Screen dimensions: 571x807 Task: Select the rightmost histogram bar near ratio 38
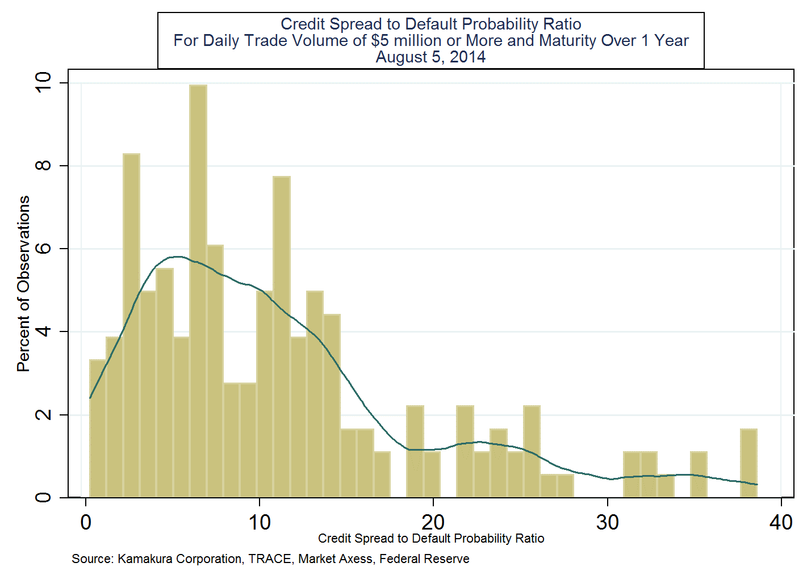coord(749,463)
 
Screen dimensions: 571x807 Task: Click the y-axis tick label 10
coord(43,83)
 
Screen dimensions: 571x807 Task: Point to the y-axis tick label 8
coord(43,166)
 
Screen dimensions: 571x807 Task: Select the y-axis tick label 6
coord(43,249)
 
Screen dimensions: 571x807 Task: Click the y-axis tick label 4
coord(43,331)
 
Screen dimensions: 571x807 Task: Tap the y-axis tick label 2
coord(43,414)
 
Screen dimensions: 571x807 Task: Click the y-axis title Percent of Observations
coord(23,284)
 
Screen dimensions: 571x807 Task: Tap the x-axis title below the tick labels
coord(431,539)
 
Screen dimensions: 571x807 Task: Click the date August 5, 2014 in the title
coord(430,57)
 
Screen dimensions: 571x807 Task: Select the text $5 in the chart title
coord(380,41)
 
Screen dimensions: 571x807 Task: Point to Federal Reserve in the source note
coord(424,559)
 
